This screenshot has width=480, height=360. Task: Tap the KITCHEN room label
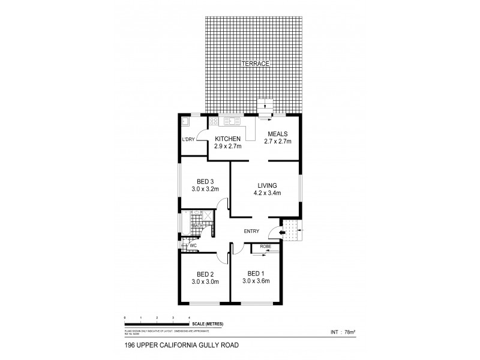(227, 138)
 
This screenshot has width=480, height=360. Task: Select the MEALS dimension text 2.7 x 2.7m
(277, 142)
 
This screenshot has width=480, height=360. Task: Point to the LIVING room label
(268, 185)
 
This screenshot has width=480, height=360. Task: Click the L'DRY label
(188, 140)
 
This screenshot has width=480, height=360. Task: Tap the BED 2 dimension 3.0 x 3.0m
(205, 281)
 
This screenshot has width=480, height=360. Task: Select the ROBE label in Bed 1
(266, 247)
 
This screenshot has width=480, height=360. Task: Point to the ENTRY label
(251, 232)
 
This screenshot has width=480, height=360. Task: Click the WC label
(194, 246)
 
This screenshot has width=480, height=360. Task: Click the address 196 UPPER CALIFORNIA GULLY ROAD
(170, 345)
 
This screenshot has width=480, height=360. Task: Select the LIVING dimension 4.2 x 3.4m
(268, 193)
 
